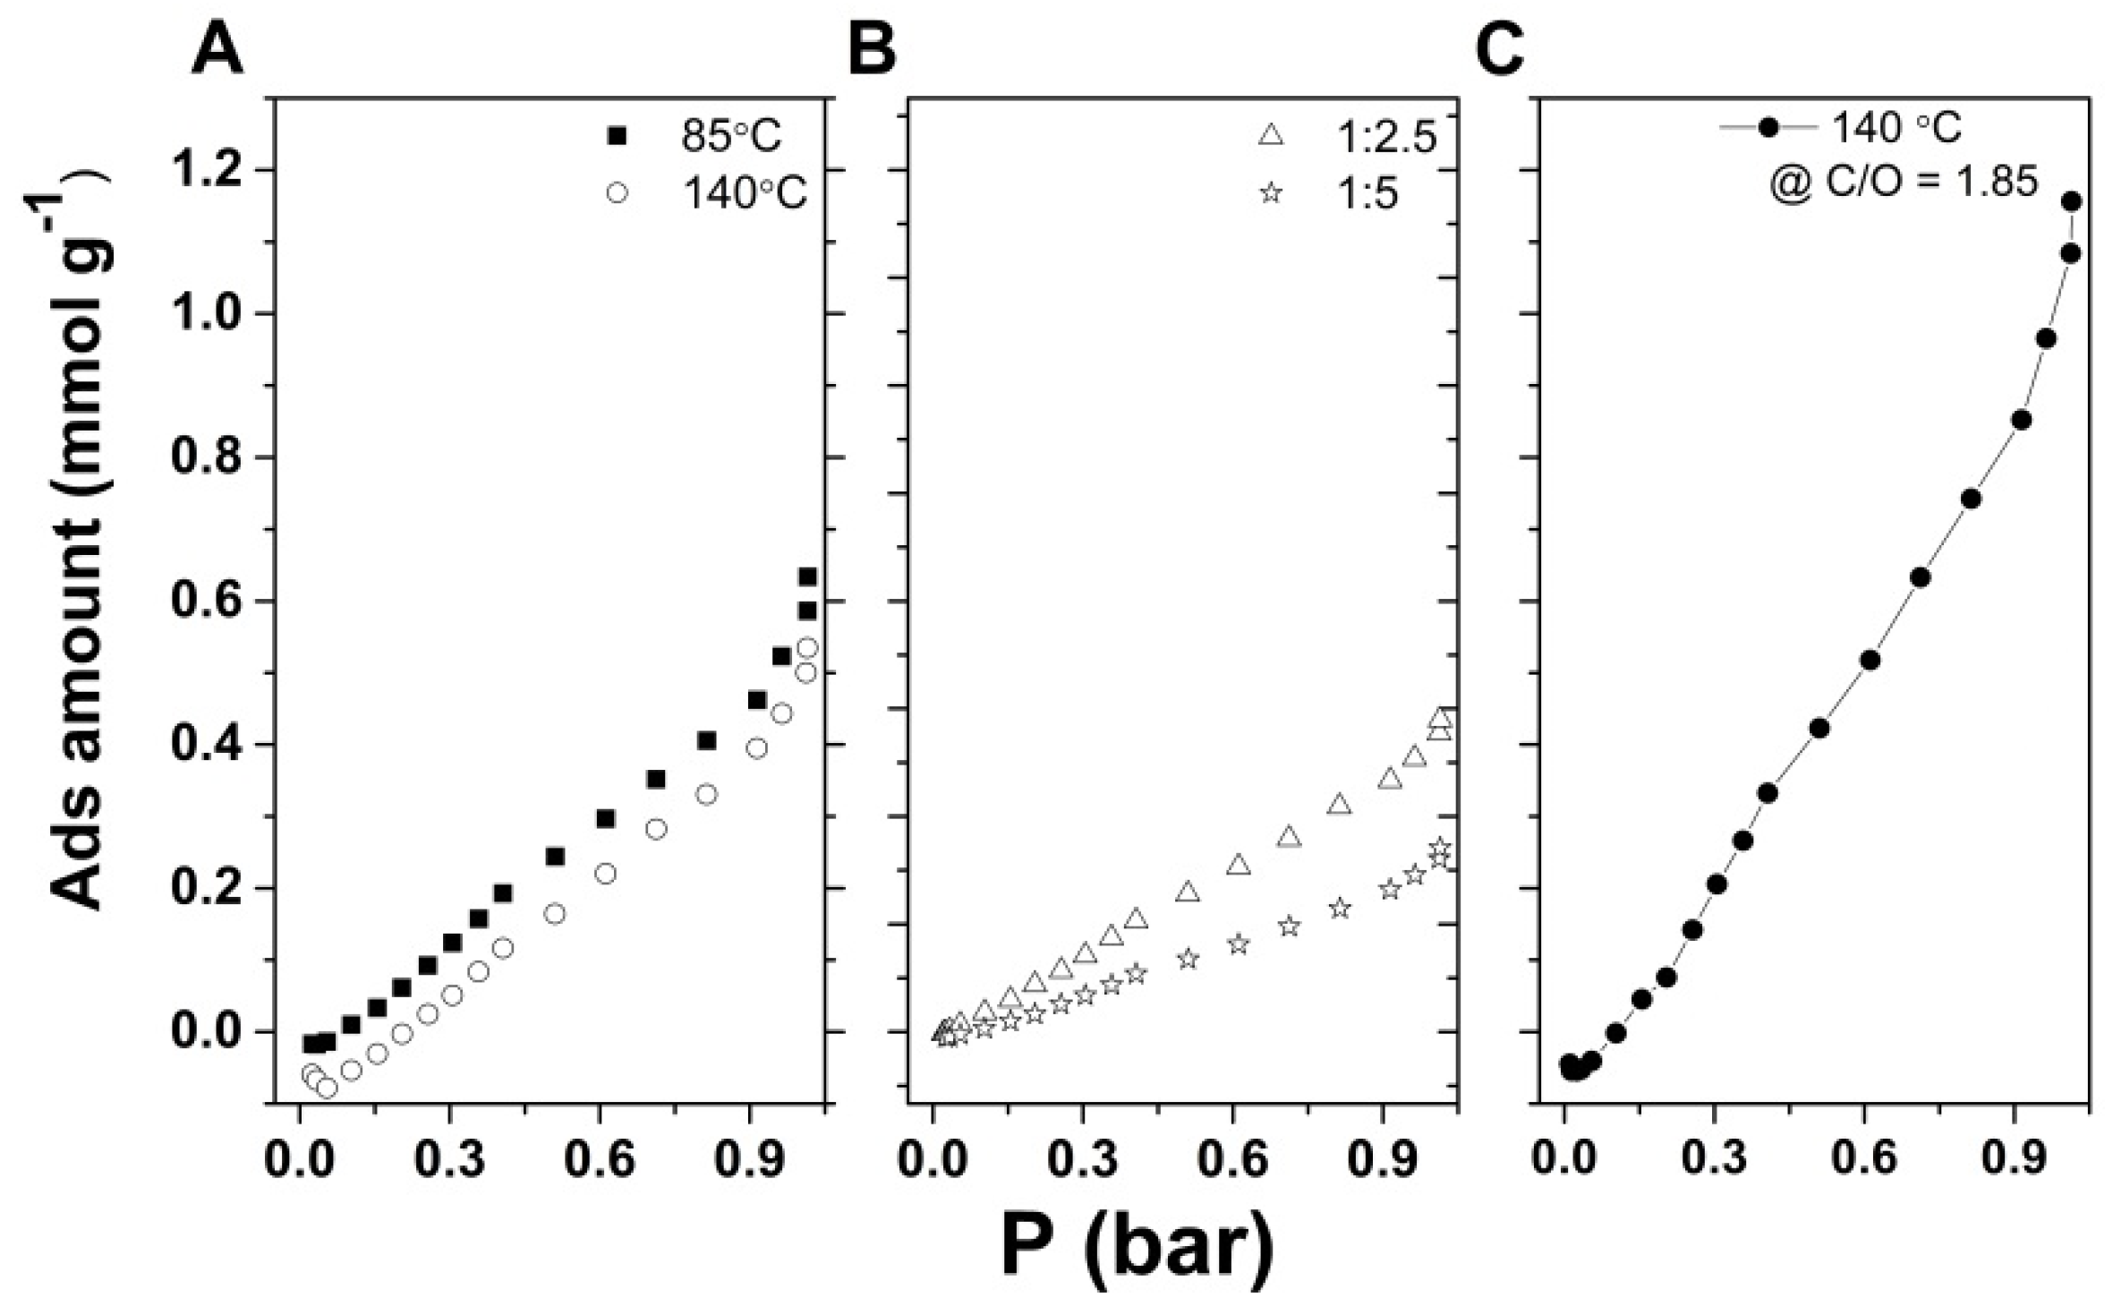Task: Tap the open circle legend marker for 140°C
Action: (x=617, y=192)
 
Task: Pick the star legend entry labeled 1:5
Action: (x=1271, y=193)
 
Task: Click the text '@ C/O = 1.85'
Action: (x=1903, y=182)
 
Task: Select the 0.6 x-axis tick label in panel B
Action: (x=1236, y=1158)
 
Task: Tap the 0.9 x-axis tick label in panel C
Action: (x=2015, y=1158)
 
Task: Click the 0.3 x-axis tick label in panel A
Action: (x=450, y=1158)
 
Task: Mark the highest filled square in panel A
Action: (x=807, y=576)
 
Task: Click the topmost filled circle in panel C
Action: (x=2071, y=201)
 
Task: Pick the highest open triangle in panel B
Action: (x=1439, y=717)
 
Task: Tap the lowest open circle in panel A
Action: (x=327, y=1088)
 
